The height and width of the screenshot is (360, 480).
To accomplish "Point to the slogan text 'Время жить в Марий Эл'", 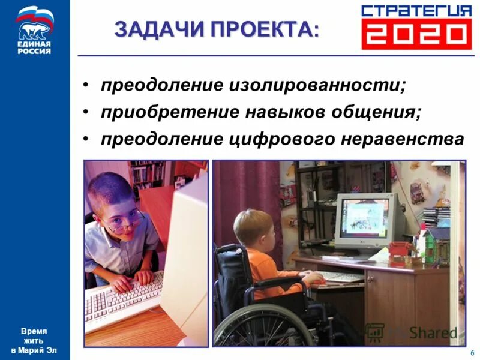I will (x=34, y=340).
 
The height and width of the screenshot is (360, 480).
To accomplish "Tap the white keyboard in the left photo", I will (x=123, y=303).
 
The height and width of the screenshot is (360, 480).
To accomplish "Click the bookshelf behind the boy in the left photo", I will (x=147, y=174).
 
